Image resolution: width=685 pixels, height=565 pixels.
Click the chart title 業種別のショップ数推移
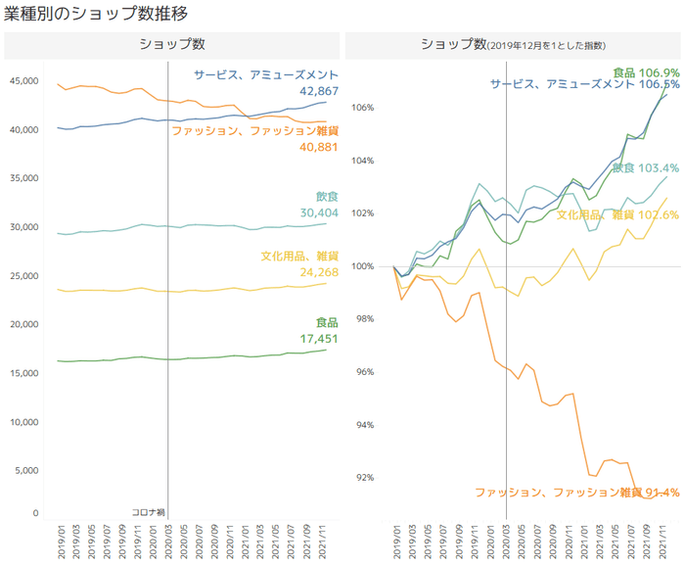(x=96, y=14)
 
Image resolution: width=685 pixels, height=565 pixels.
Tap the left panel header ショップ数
(x=171, y=44)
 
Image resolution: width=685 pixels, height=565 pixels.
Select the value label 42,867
(x=319, y=91)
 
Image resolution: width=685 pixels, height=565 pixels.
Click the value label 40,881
(x=319, y=147)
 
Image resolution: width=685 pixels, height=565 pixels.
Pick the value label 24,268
(x=319, y=272)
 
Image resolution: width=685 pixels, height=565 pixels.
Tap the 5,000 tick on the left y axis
(x=24, y=470)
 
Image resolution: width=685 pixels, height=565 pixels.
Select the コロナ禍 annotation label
(x=148, y=512)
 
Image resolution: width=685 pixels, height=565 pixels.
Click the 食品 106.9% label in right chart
(x=645, y=72)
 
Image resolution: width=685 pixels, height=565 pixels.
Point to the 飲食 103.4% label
(x=646, y=168)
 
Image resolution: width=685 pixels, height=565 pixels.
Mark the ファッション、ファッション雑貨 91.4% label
(x=576, y=493)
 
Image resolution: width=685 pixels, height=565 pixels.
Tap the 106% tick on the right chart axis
(x=363, y=108)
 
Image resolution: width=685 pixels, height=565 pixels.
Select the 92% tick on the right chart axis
(x=366, y=478)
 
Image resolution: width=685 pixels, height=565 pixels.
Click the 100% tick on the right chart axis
(x=363, y=266)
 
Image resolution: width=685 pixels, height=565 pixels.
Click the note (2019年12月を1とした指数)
(x=547, y=46)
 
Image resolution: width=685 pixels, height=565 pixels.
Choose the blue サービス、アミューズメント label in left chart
(x=266, y=74)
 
